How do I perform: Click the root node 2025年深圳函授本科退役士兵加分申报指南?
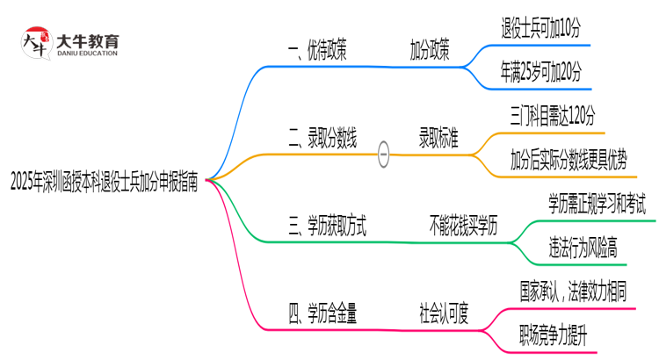pyautogui.click(x=105, y=184)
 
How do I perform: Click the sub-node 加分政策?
pyautogui.click(x=430, y=50)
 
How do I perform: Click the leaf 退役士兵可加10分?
pyautogui.click(x=540, y=29)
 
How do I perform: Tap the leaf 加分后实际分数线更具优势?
pyautogui.click(x=568, y=161)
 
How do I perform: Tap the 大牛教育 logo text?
pyautogui.click(x=87, y=40)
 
